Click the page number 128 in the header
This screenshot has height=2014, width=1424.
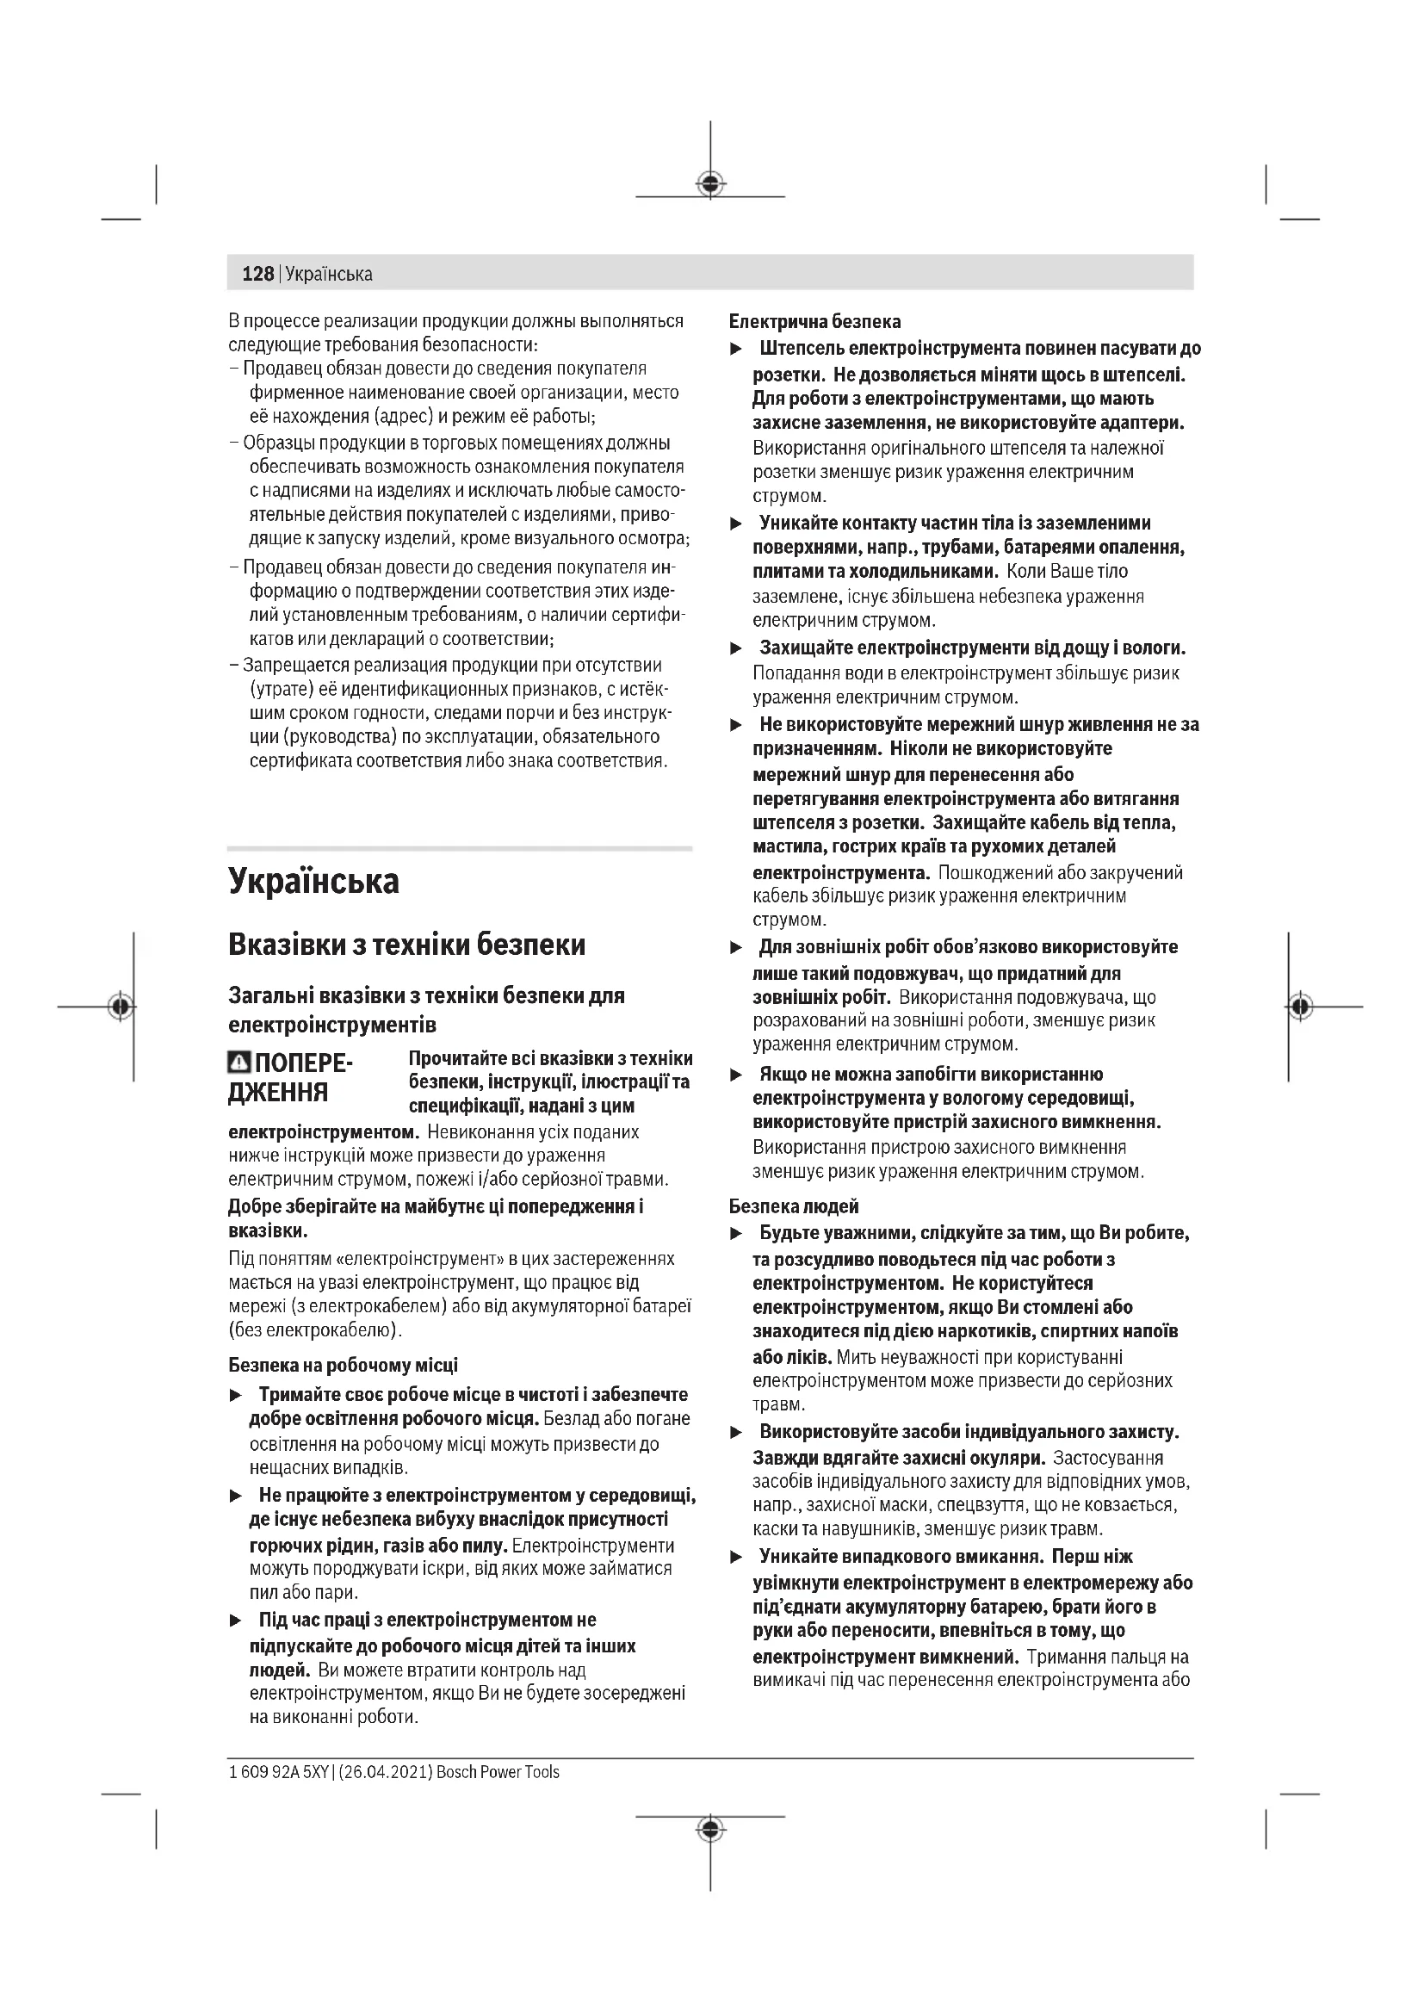tap(257, 274)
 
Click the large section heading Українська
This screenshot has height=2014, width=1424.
tap(313, 881)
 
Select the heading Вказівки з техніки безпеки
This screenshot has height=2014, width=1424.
tap(407, 945)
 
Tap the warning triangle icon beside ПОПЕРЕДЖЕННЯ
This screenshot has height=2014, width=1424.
tap(238, 1064)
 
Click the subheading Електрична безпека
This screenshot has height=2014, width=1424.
tap(814, 321)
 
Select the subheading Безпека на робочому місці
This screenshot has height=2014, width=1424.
tap(343, 1365)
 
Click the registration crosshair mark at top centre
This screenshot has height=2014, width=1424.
tap(710, 183)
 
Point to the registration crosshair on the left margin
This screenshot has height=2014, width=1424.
tap(121, 1006)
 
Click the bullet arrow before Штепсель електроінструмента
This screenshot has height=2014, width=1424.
tap(737, 350)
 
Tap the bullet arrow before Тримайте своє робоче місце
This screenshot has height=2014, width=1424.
tap(235, 1396)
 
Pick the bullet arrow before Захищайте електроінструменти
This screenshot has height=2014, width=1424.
tap(737, 649)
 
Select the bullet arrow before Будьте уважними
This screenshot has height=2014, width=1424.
tap(737, 1234)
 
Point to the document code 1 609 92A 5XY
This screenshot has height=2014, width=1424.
tap(278, 1772)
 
